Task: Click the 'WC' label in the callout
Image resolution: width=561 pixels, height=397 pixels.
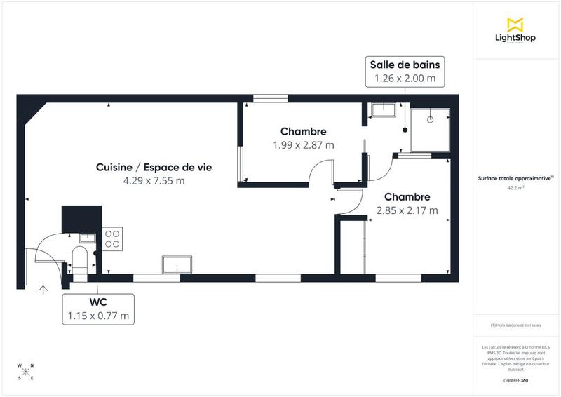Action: tap(97, 302)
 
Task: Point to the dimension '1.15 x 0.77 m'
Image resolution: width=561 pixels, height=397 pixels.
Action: tap(97, 316)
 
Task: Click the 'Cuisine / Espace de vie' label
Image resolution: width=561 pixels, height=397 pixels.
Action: tap(154, 167)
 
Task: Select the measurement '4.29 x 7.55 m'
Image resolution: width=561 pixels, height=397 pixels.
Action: tap(154, 181)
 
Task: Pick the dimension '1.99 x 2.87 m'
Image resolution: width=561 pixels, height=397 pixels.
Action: tap(303, 145)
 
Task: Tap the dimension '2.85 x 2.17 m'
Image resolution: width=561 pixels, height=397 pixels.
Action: tap(407, 210)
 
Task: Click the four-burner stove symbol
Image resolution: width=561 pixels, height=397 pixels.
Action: tap(112, 239)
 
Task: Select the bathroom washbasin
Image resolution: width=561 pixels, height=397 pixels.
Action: tap(384, 109)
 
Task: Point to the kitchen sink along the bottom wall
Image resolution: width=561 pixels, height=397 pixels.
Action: tap(177, 264)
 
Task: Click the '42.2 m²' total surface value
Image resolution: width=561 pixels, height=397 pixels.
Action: tap(515, 188)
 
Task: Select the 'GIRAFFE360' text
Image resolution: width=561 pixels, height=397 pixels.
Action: tap(515, 380)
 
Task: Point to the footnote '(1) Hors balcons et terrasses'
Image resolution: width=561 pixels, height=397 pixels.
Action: tap(515, 325)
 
